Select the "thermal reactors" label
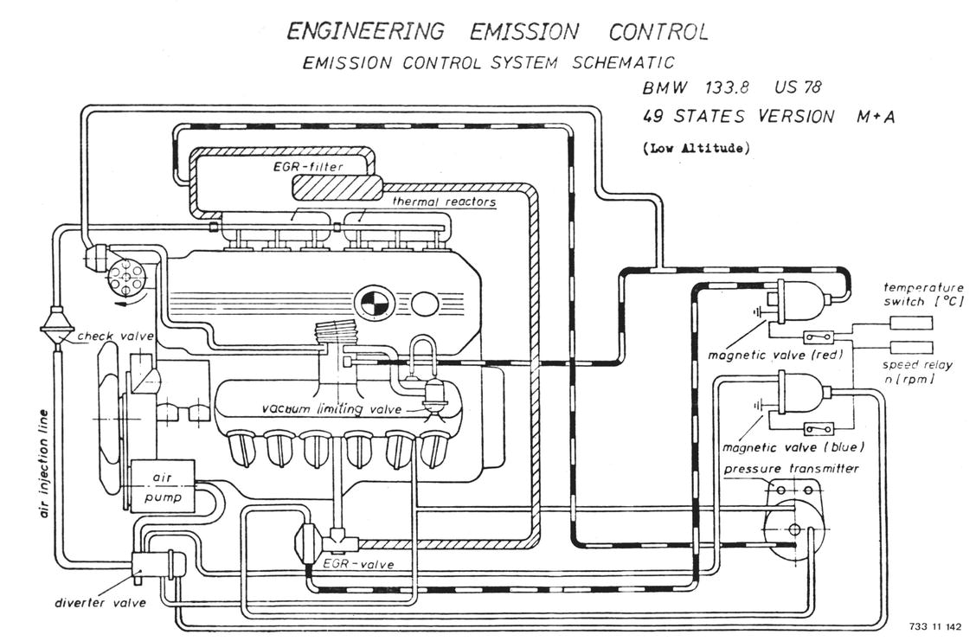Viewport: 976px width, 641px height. (x=444, y=202)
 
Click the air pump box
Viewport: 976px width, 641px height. (x=162, y=487)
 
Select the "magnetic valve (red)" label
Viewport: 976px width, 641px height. (x=775, y=355)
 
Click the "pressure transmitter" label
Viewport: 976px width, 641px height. (x=791, y=469)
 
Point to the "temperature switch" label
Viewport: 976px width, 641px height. (x=922, y=294)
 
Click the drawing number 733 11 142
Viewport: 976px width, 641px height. (x=935, y=625)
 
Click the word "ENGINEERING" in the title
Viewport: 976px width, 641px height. (x=364, y=32)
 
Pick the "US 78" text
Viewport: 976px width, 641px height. (x=798, y=87)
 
